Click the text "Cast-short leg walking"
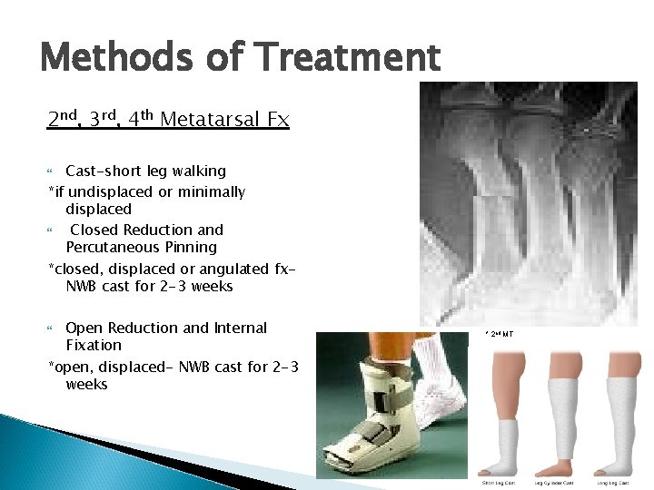coord(145,171)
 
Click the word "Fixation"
coord(94,345)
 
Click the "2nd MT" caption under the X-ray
coord(500,334)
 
